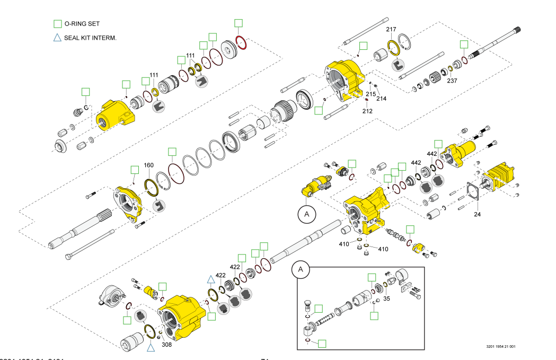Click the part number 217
(x=391, y=30)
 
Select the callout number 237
(x=452, y=81)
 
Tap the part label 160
(x=149, y=165)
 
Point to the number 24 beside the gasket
(x=477, y=215)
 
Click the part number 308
(x=166, y=344)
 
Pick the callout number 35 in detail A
(x=387, y=298)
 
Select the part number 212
(x=367, y=111)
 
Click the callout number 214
(x=382, y=99)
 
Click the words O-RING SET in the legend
(x=82, y=24)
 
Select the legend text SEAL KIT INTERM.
(x=90, y=38)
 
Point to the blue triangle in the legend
(x=57, y=38)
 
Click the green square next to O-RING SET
(x=57, y=24)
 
